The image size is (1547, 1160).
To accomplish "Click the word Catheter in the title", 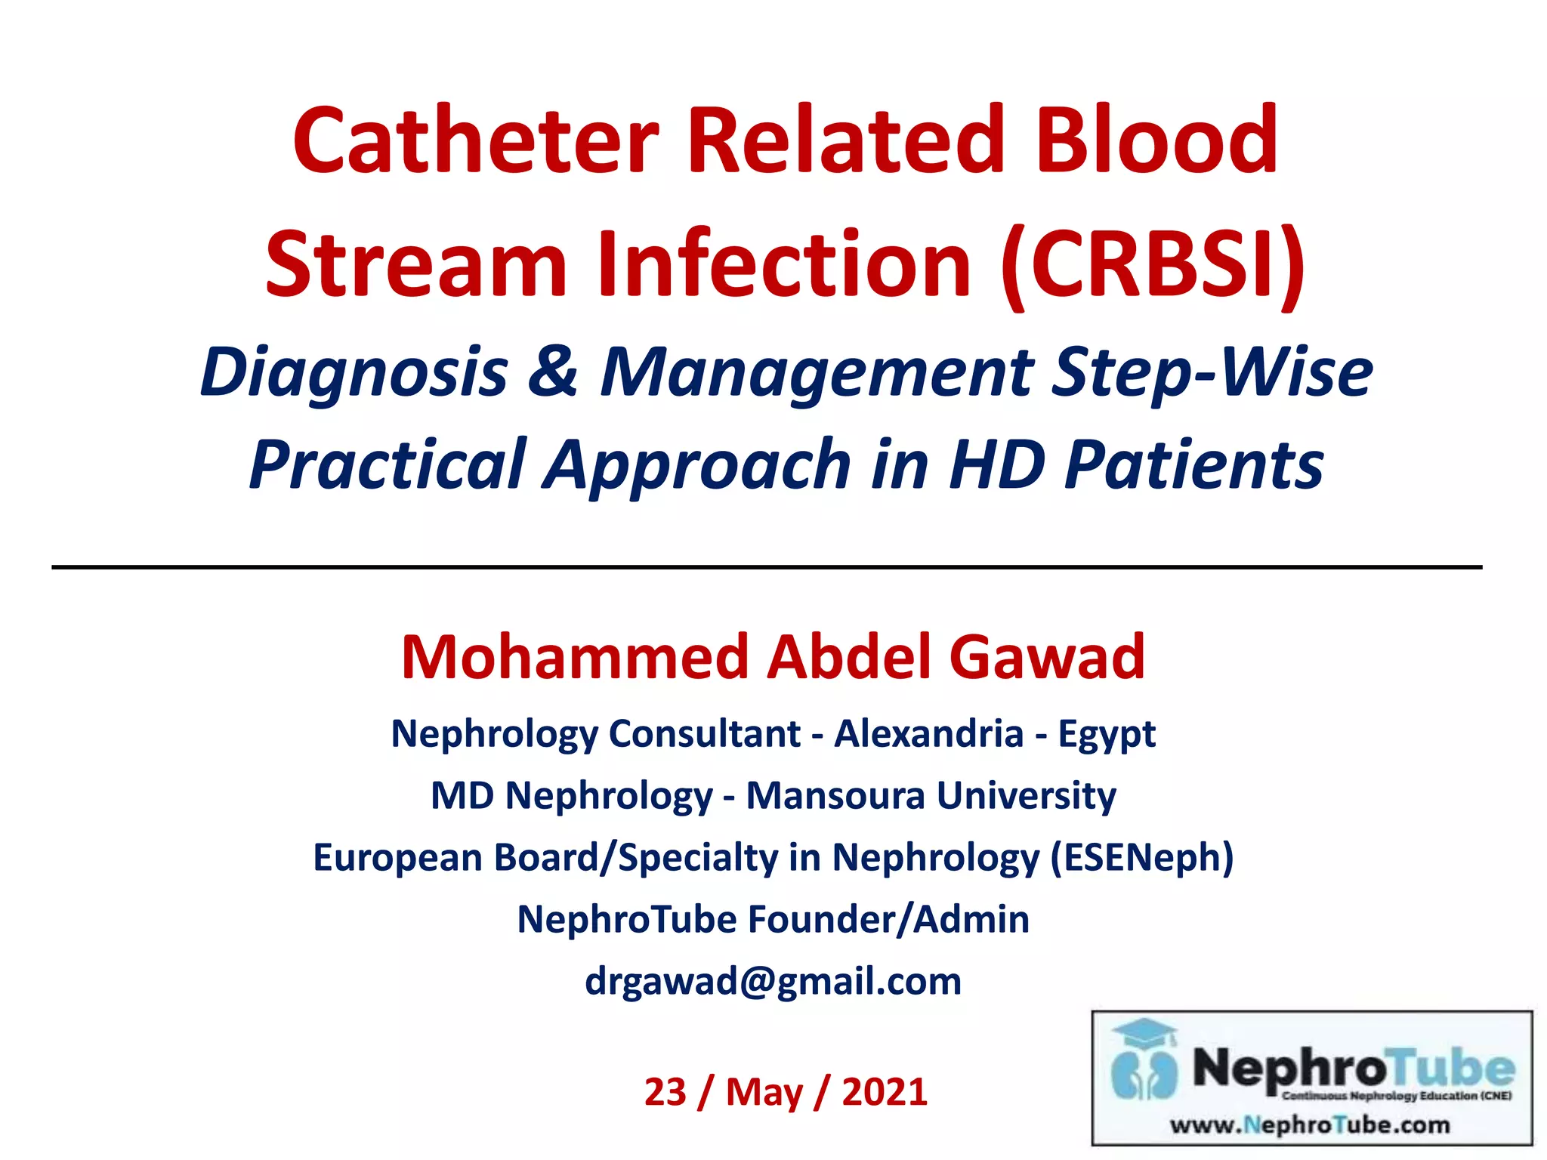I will click(x=476, y=140).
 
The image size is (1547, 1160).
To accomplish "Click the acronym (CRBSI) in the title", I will click(x=1153, y=264).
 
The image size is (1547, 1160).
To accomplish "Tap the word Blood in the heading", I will click(x=1156, y=140).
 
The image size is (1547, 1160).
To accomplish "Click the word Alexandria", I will click(x=928, y=733).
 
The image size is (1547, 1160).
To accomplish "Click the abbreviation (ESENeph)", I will click(x=1142, y=857).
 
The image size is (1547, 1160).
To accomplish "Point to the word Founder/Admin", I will click(x=888, y=919).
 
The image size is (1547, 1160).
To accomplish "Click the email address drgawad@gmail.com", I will click(x=773, y=981).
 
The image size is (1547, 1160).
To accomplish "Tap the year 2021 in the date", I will click(x=885, y=1092).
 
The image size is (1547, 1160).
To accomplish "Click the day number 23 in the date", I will click(x=665, y=1092).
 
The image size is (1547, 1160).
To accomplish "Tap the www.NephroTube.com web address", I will click(x=1310, y=1125).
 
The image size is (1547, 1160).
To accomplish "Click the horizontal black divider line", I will click(x=766, y=566).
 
